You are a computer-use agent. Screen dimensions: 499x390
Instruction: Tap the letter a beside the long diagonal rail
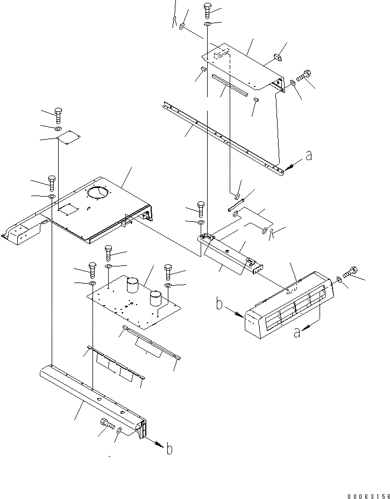pyautogui.click(x=308, y=156)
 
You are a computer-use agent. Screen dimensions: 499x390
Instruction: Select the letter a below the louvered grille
pyautogui.click(x=296, y=333)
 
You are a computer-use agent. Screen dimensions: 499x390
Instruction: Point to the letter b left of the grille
pyautogui.click(x=219, y=305)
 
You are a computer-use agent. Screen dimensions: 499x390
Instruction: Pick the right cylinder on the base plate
pyautogui.click(x=155, y=298)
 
